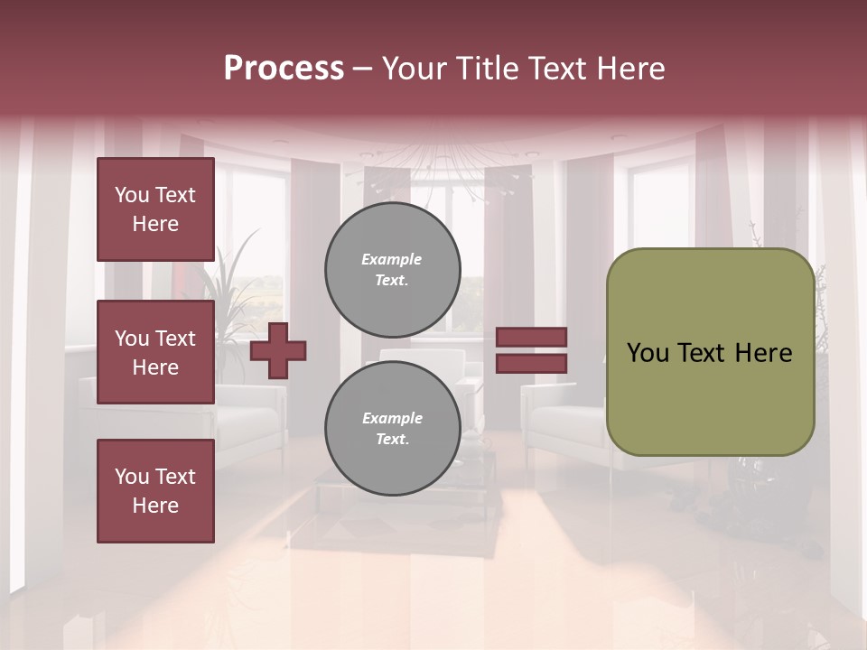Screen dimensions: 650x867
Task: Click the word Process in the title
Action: pos(284,69)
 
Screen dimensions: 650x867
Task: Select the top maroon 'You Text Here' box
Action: pos(155,209)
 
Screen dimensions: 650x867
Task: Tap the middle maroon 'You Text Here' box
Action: pos(155,352)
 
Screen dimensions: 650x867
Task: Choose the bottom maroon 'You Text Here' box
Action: pos(155,491)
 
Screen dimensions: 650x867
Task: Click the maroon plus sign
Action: pos(278,350)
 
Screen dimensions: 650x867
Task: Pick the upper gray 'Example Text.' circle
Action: pos(393,270)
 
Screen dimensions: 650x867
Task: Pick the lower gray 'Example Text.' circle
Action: pos(393,429)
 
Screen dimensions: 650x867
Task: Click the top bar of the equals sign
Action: pos(532,337)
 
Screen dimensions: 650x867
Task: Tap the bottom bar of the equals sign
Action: pos(532,363)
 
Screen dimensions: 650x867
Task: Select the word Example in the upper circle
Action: pos(392,259)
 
